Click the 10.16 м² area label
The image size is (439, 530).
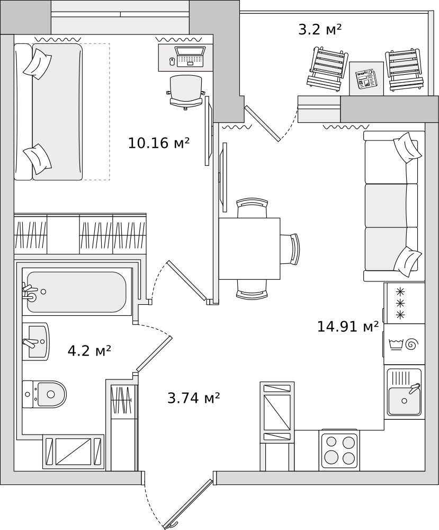(x=158, y=143)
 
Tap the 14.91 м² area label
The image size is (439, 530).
(x=347, y=326)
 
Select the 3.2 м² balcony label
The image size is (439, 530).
(x=319, y=30)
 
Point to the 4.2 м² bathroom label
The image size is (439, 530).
(x=89, y=350)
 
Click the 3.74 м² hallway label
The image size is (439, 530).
(x=193, y=398)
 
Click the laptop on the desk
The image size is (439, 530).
(x=190, y=57)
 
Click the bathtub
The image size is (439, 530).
(x=76, y=292)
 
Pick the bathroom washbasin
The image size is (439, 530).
(x=36, y=341)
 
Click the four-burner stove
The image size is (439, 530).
(x=339, y=449)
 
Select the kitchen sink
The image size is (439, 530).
(x=404, y=393)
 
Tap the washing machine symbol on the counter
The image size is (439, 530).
(x=404, y=344)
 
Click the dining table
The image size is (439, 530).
(x=249, y=248)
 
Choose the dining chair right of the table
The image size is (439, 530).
(x=291, y=249)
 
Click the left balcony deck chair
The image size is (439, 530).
(x=327, y=69)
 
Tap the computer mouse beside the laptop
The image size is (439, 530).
(x=171, y=61)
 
